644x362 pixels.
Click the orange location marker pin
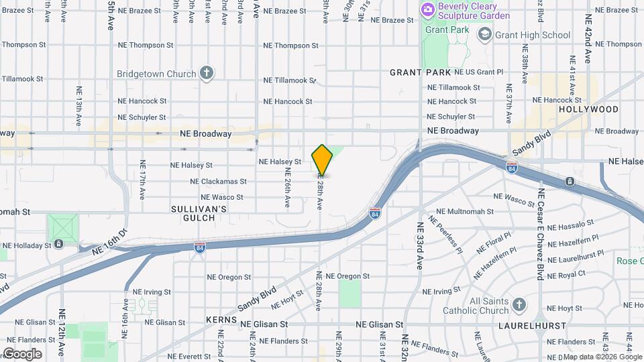pyautogui.click(x=322, y=160)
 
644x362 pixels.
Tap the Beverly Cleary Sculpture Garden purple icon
pyautogui.click(x=427, y=10)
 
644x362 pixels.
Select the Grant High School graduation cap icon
pyautogui.click(x=484, y=34)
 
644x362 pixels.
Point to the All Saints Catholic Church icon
pyautogui.click(x=519, y=306)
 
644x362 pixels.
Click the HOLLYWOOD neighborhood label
pyautogui.click(x=588, y=109)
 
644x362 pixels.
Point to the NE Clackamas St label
pyautogui.click(x=218, y=182)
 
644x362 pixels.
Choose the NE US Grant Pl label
pyautogui.click(x=478, y=72)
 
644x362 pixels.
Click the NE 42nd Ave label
pyautogui.click(x=588, y=38)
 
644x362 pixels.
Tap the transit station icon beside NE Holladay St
pyautogui.click(x=59, y=243)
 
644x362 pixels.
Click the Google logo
pyautogui.click(x=22, y=353)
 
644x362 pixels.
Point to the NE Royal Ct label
pyautogui.click(x=567, y=274)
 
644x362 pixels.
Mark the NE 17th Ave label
pyautogui.click(x=143, y=180)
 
